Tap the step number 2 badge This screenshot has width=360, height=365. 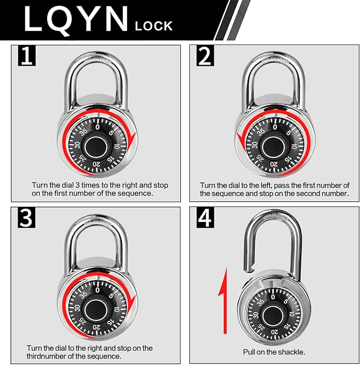(205, 56)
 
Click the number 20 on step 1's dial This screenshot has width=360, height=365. (96, 165)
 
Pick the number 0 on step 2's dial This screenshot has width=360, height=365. (275, 126)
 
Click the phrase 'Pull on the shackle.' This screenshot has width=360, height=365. (274, 352)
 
